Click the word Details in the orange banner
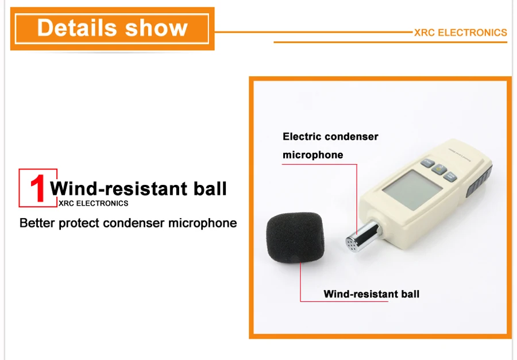(x=77, y=28)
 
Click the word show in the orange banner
(x=156, y=28)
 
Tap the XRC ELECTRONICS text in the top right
(x=460, y=33)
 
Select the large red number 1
(x=38, y=188)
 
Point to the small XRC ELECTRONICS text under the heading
(x=93, y=203)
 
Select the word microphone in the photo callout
(x=312, y=155)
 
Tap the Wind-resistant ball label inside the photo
(x=371, y=294)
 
